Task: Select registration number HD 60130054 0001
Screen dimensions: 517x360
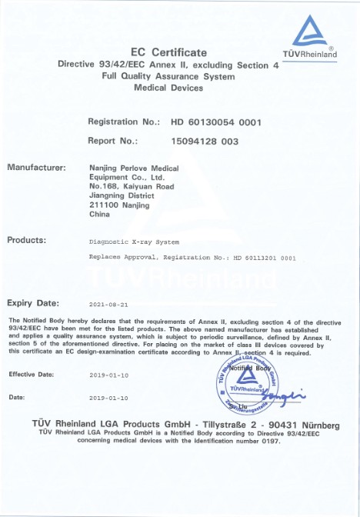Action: [x=216, y=122]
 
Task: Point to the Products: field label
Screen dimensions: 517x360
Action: [x=27, y=240]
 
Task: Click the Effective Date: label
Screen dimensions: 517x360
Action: [x=32, y=374]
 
